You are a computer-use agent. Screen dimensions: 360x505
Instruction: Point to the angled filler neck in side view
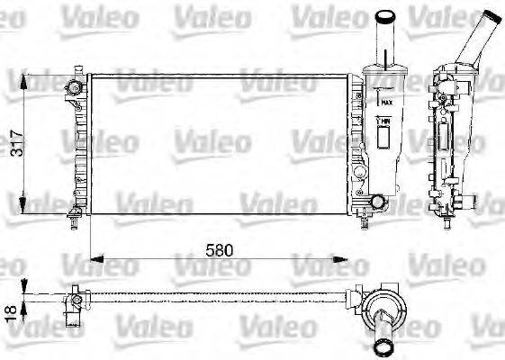[472, 40]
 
